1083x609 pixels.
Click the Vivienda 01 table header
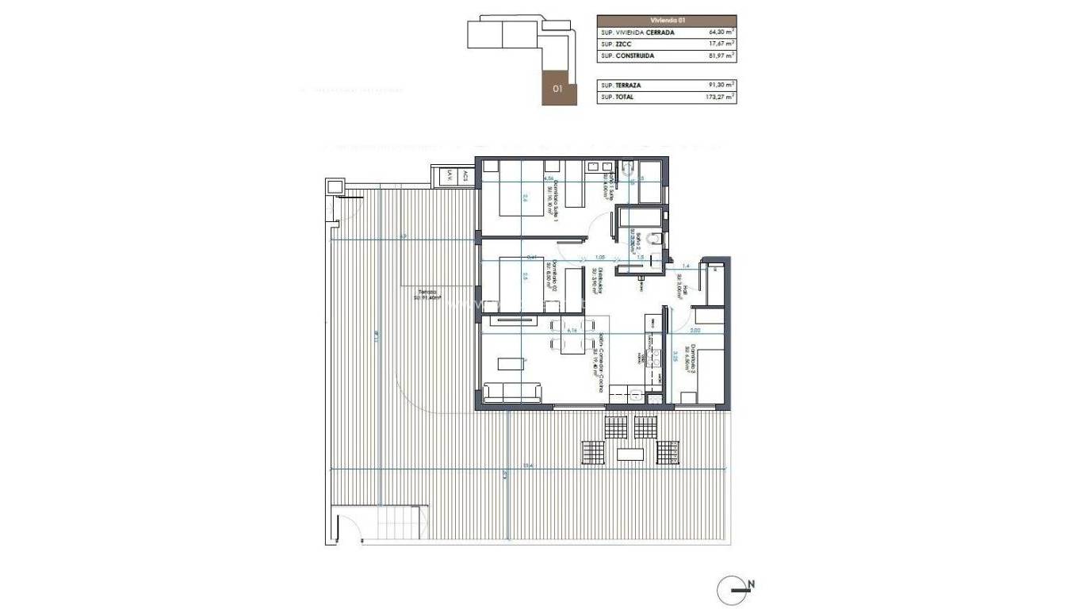tap(666, 21)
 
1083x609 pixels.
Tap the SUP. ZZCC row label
tap(616, 45)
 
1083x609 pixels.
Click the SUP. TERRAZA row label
tap(622, 85)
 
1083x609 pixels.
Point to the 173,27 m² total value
tap(720, 97)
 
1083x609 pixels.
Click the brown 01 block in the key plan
tap(557, 89)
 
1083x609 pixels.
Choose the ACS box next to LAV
tap(465, 176)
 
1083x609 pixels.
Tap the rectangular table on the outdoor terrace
tap(631, 454)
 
